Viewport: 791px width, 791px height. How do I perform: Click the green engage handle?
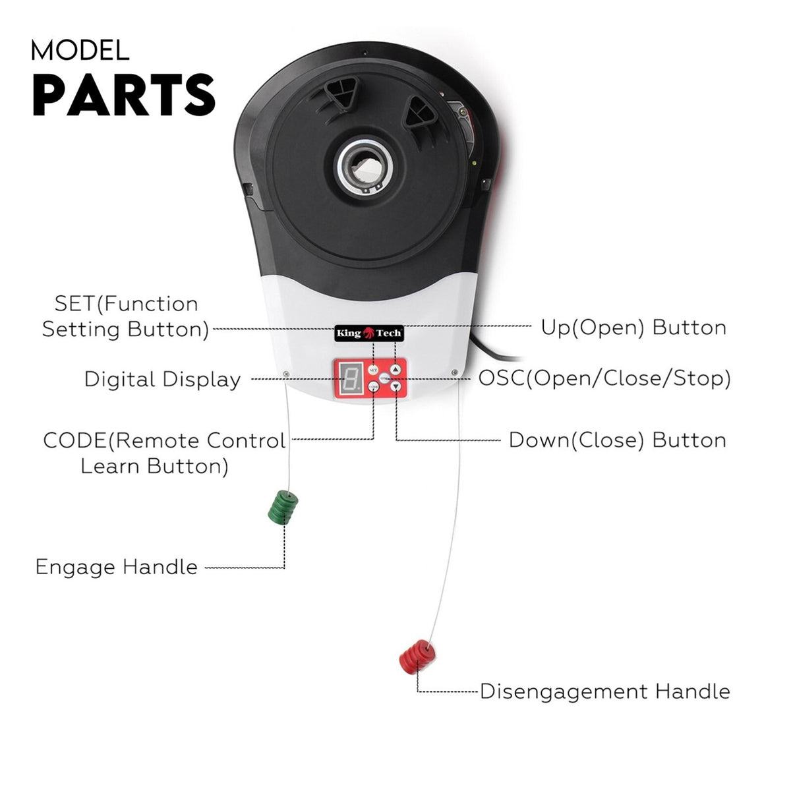(x=283, y=507)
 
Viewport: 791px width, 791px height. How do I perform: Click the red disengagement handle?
(x=417, y=657)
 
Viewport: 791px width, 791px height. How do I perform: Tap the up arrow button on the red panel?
(x=395, y=370)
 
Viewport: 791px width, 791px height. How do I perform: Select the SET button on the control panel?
(x=372, y=370)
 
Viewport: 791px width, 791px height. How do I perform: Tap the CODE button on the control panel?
(x=373, y=386)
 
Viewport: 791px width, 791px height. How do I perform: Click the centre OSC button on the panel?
(x=384, y=378)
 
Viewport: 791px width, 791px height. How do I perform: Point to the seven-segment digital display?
(x=350, y=378)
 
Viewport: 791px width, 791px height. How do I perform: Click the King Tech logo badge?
(x=369, y=333)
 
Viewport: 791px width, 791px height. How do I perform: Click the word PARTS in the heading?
(x=123, y=95)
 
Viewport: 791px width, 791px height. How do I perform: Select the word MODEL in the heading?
(x=80, y=51)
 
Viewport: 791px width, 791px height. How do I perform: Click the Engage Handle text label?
(x=117, y=567)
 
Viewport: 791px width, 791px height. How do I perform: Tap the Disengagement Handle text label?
(x=605, y=691)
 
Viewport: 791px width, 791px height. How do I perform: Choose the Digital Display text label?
(x=163, y=379)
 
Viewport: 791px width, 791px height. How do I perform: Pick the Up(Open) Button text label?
(x=633, y=328)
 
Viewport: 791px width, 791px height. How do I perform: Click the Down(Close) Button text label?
(x=618, y=440)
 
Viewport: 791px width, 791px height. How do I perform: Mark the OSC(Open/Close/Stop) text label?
(x=604, y=378)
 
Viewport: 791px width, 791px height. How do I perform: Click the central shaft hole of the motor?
(x=366, y=167)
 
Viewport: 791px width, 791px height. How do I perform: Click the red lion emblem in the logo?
(x=368, y=332)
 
